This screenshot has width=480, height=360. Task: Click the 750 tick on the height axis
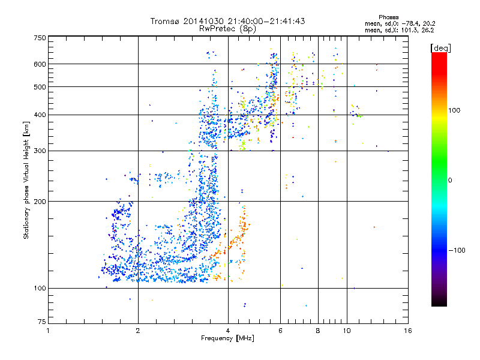point(40,38)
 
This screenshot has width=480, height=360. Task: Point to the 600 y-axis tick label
point(40,64)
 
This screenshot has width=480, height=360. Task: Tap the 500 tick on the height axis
point(40,87)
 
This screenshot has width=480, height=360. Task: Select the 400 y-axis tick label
point(40,115)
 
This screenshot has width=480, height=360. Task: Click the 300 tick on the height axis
point(40,151)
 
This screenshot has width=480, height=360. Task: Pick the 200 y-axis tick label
point(40,202)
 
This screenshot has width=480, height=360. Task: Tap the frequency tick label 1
point(48,331)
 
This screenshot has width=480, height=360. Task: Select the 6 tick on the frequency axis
point(281,331)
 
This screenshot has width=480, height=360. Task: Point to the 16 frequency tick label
point(407,331)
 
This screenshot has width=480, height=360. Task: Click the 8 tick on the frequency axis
point(318,331)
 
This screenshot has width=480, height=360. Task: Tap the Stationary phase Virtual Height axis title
point(26,180)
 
